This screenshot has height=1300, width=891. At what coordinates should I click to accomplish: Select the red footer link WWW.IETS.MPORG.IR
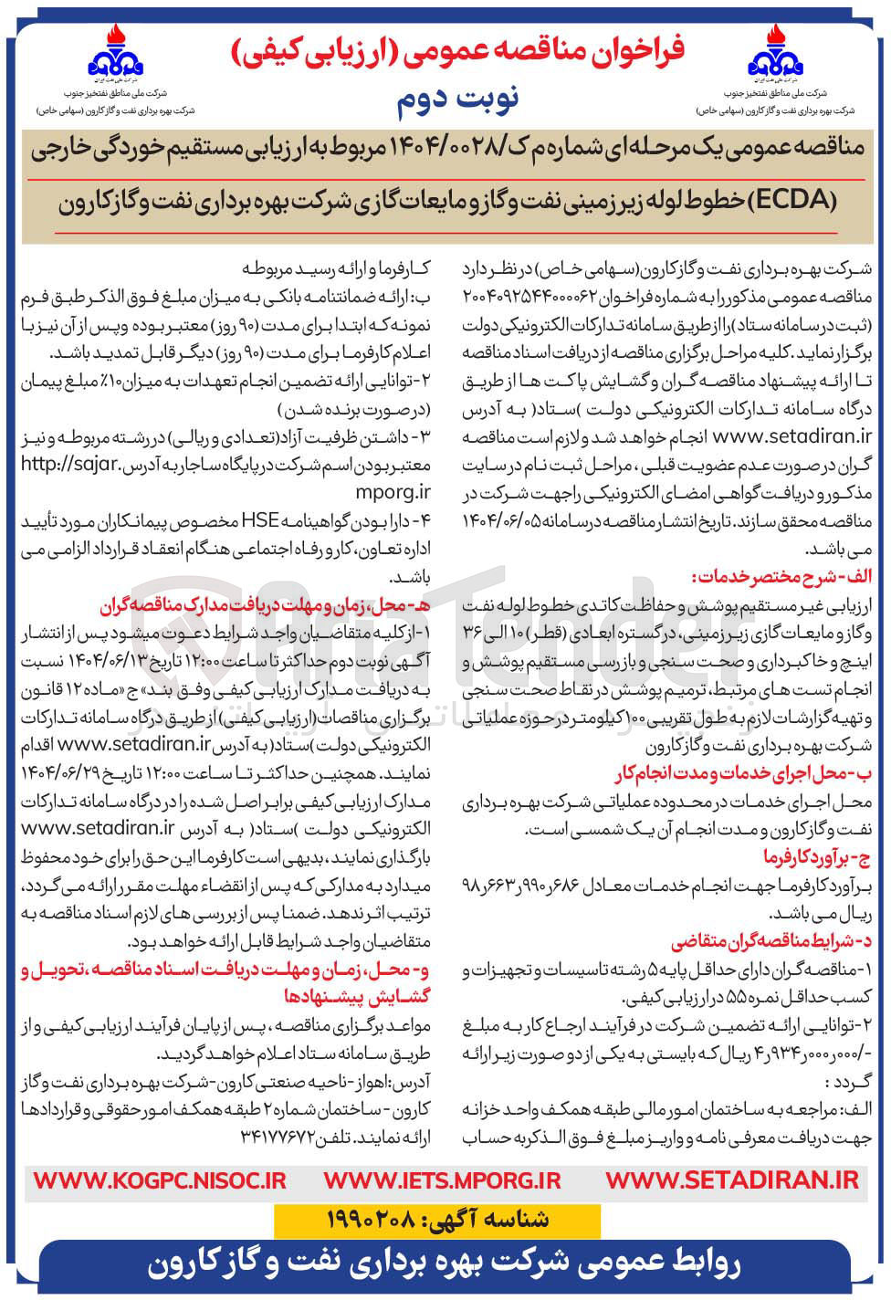pos(442,1179)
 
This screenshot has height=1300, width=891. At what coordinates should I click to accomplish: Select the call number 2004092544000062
pos(530,297)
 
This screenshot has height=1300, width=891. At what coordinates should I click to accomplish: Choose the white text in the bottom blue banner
pos(445,1270)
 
